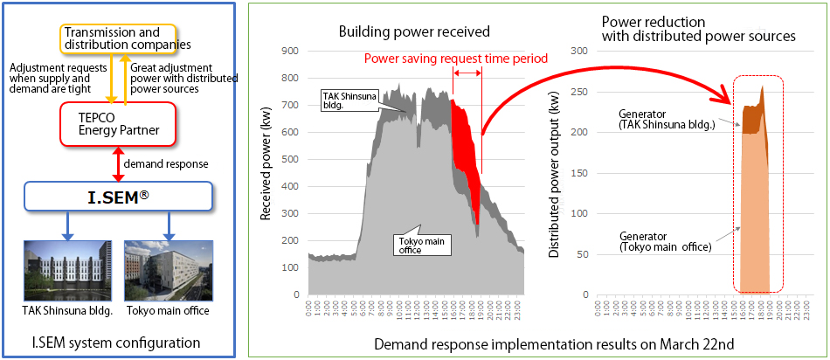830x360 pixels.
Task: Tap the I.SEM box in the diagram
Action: pyautogui.click(x=118, y=197)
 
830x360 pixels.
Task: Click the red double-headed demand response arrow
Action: pyautogui.click(x=113, y=163)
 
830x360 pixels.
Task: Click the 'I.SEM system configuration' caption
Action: pyautogui.click(x=118, y=342)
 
